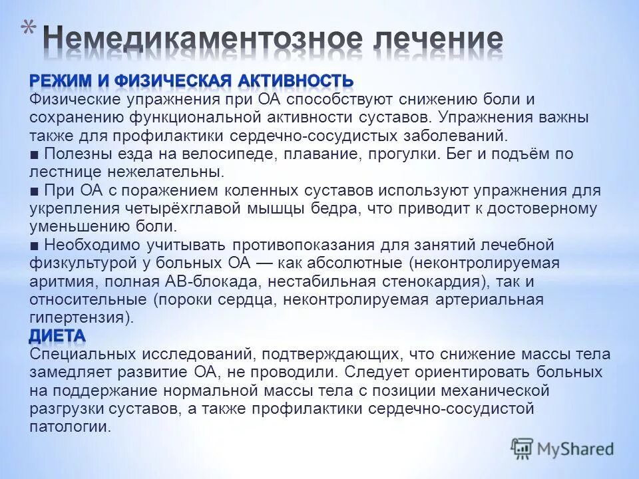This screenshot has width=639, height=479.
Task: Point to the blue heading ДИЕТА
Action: (x=57, y=335)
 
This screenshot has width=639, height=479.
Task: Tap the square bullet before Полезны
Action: (x=34, y=154)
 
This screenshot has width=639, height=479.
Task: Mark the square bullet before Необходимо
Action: (x=34, y=245)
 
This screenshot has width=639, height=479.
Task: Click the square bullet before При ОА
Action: (x=34, y=191)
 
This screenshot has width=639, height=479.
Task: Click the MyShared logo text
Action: (x=574, y=448)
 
